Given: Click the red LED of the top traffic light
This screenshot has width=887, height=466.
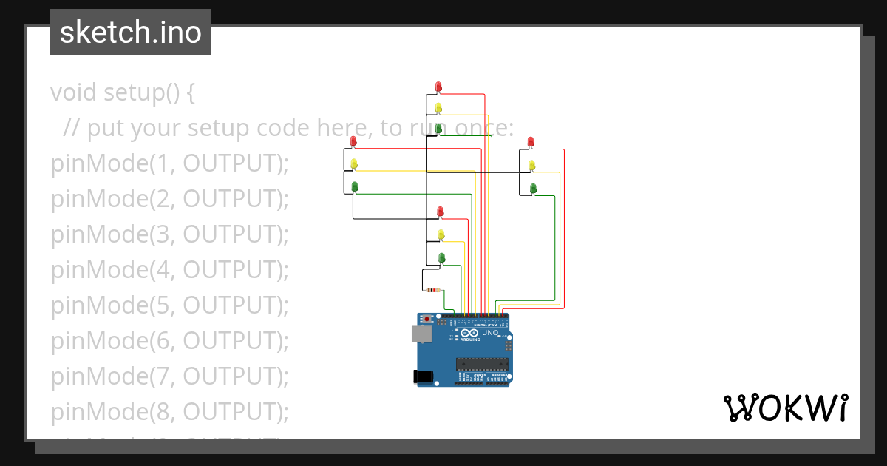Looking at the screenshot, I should point(438,87).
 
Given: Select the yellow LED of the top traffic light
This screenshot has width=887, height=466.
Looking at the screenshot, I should point(438,107).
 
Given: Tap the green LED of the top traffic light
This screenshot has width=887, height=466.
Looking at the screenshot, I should point(438,128).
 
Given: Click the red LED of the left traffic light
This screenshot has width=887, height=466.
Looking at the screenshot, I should point(353,141).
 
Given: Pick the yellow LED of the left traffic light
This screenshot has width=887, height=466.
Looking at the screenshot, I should point(354,163).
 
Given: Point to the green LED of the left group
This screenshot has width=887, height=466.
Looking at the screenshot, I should point(354,186).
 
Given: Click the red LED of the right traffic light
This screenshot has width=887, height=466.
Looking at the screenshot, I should point(531,141).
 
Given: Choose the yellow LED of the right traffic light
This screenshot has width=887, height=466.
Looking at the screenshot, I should point(531,164).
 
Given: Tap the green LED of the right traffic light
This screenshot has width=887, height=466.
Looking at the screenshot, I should point(532,188).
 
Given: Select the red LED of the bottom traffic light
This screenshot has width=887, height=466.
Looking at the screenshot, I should point(441,212).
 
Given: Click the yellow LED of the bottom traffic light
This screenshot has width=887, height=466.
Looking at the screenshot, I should point(441,234).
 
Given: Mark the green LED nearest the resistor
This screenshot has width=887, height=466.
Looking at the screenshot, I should point(442,257).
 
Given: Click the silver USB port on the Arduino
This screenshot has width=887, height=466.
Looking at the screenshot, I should point(421,334).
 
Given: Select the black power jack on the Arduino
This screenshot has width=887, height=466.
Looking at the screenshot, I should point(423,376).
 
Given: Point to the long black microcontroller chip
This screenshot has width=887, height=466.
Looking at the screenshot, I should point(481,362).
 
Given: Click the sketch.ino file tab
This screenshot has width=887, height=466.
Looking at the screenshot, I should point(131,33).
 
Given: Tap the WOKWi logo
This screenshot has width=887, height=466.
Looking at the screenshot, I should point(785,408).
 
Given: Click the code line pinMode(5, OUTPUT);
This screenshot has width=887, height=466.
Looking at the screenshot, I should point(169,305).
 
